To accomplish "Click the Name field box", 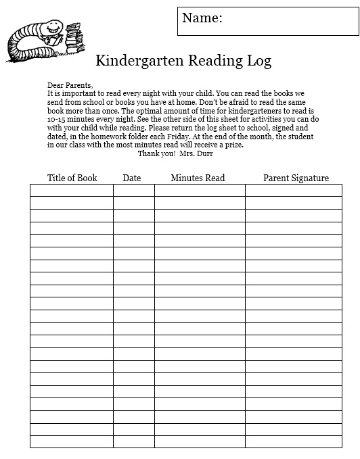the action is point(268,20).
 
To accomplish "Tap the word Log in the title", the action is point(258,61).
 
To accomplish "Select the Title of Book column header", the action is point(72,178).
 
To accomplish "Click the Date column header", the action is point(132,178).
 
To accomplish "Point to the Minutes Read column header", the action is point(198,178).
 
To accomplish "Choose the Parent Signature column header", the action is point(296,178).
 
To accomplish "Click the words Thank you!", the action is point(156,153).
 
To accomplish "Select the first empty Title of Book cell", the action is point(71,190).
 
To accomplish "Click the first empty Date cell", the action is point(133,190).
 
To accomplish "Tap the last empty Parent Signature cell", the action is point(293,441).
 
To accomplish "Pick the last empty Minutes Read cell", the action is point(200,441).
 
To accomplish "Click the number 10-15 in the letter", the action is point(58,118).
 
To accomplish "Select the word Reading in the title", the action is point(206,61).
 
